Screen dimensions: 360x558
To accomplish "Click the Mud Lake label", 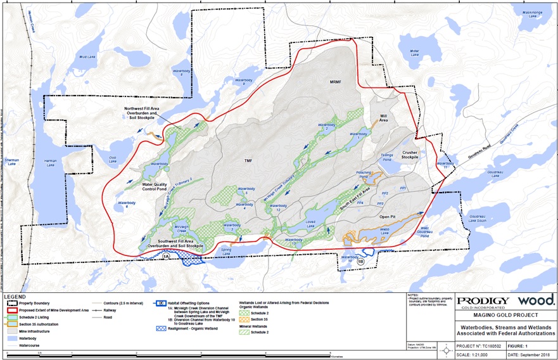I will click(86, 58).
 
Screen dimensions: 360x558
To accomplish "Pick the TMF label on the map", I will click(248, 161).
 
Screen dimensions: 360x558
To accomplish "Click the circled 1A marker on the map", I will click(167, 256).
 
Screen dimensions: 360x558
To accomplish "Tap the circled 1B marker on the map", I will click(361, 261).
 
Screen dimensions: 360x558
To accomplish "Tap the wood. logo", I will click(536, 300).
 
